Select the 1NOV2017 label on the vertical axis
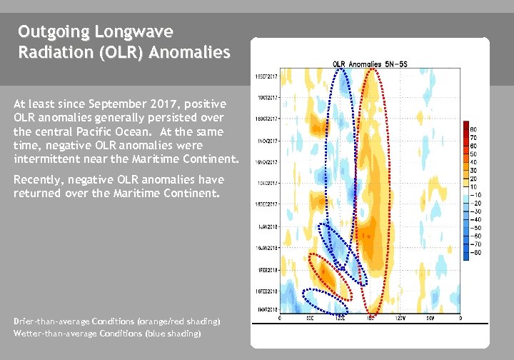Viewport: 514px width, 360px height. [x=268, y=141]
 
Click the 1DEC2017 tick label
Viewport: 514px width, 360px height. [x=268, y=184]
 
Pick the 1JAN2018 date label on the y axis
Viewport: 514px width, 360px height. [x=268, y=226]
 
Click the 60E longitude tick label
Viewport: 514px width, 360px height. [x=309, y=318]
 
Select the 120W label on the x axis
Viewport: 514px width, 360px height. [x=400, y=318]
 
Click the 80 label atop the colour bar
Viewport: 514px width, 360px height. [x=473, y=129]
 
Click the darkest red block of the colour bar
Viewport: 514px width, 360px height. [x=465, y=126]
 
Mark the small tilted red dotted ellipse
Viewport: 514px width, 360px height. [x=329, y=276]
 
